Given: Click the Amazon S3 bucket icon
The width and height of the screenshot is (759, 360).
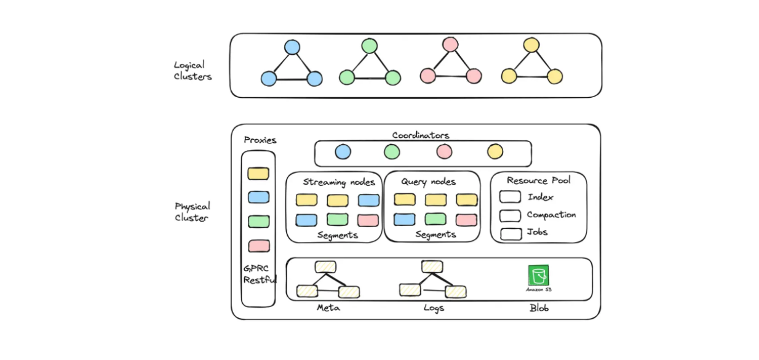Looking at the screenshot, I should point(538,276).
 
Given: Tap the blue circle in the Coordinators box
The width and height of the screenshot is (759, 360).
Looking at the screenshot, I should point(343,152).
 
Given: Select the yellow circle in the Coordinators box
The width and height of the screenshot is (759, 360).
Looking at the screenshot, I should point(495,151).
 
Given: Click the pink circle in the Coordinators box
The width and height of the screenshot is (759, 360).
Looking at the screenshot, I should point(444,151).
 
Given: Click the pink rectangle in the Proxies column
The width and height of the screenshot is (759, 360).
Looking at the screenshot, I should point(258,246).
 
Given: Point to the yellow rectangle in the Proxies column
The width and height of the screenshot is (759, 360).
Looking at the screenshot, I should point(258,174).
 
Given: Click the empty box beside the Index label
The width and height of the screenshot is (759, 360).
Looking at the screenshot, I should point(510,197).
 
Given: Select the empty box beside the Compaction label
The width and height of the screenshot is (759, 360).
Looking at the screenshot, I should point(510,215).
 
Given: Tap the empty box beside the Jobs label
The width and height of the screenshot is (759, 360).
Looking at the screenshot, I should point(510,233).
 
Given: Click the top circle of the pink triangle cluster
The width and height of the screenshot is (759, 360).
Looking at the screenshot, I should point(450,45).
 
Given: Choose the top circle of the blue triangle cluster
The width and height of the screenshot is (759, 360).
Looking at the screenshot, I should point(292,47).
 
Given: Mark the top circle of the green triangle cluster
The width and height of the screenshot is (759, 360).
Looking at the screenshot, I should point(370,46).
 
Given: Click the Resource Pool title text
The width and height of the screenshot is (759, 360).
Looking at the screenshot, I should point(538,180).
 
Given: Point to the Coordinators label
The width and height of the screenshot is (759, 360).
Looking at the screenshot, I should point(421,135).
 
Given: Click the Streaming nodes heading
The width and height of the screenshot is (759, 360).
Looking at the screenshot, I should point(339,182).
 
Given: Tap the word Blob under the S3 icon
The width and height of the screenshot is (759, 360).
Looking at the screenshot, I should point(539,308).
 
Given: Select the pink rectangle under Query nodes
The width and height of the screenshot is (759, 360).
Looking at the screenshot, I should point(467,220).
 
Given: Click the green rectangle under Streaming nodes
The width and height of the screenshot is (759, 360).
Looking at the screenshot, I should point(337,220).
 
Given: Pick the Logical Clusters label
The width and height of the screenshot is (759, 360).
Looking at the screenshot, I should point(193,71).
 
